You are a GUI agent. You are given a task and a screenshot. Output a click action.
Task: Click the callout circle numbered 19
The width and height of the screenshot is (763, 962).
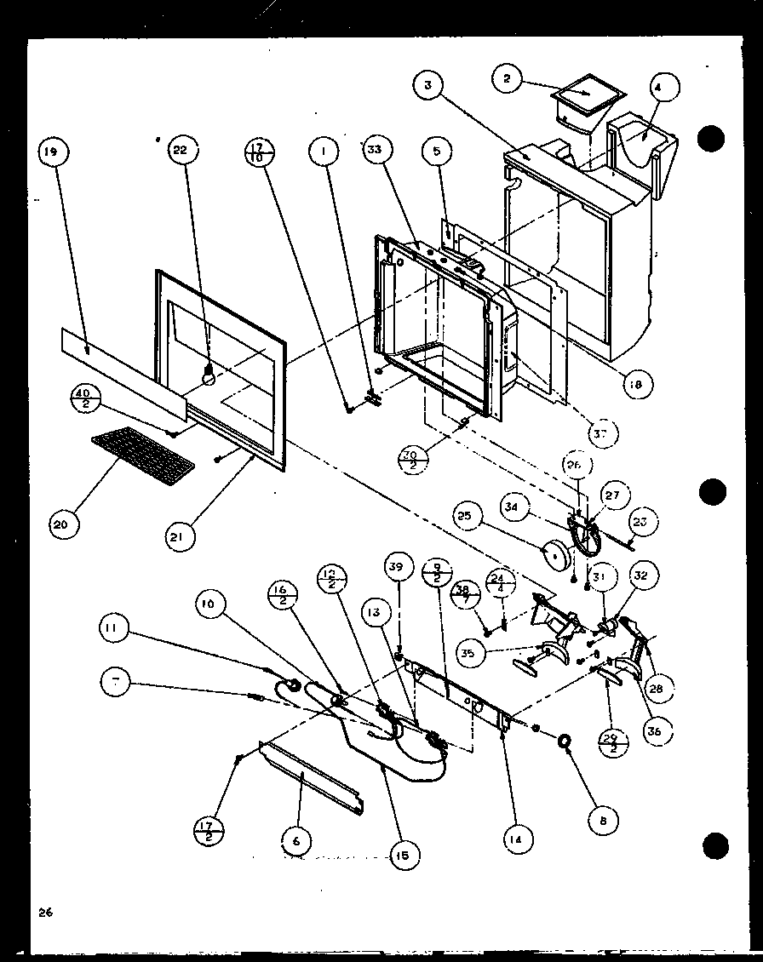click(52, 152)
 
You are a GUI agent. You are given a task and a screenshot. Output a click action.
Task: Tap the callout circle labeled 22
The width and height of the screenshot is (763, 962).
click(181, 152)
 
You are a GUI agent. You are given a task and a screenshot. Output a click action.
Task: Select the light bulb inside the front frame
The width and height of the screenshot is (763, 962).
click(206, 372)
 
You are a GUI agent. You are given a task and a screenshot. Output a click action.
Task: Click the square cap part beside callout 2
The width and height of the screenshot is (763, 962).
click(584, 96)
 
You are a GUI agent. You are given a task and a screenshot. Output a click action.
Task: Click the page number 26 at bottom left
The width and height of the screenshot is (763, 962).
click(44, 913)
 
